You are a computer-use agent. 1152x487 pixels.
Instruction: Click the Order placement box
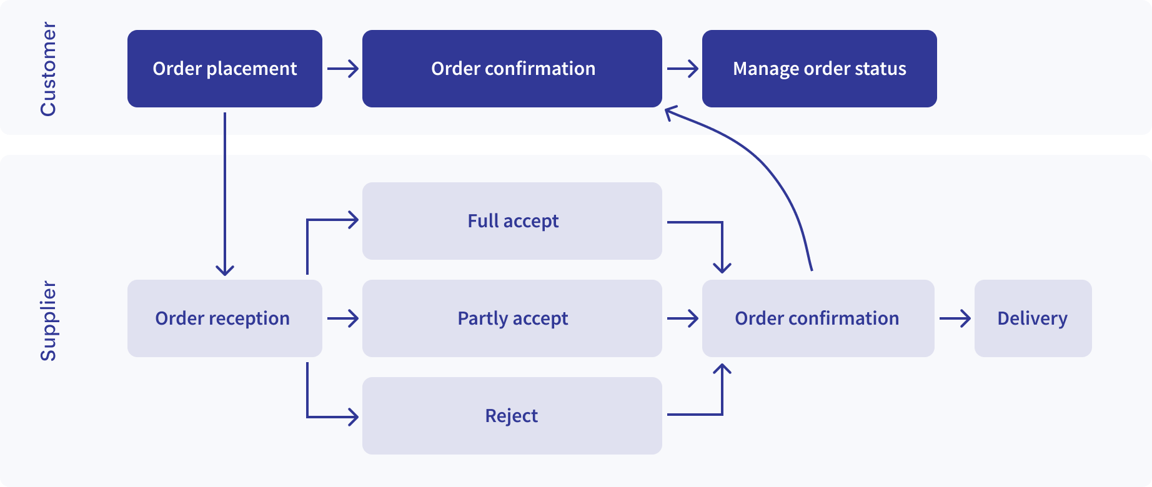(x=225, y=69)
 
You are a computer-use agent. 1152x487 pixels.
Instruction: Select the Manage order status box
(x=819, y=69)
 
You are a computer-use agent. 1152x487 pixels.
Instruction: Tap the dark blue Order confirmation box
(x=512, y=69)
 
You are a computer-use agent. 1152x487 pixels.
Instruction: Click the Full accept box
(x=512, y=221)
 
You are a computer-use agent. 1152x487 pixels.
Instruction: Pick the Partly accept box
(x=512, y=318)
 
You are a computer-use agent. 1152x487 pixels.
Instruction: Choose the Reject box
(x=512, y=416)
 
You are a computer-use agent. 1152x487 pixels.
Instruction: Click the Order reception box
(x=225, y=318)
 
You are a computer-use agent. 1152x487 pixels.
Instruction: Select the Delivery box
(x=1033, y=318)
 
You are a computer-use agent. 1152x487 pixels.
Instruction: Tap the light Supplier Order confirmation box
(x=818, y=318)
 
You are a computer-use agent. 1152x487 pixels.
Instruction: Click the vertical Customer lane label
(x=48, y=69)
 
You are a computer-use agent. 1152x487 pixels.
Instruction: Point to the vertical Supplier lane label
(x=48, y=321)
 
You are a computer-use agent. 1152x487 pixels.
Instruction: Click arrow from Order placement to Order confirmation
(x=342, y=69)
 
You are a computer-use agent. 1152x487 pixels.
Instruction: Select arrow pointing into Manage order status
(x=682, y=69)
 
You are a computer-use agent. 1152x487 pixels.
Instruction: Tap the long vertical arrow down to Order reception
(x=225, y=194)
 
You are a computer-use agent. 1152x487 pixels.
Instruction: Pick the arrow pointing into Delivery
(x=955, y=318)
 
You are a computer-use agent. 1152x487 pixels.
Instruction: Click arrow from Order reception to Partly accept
(x=342, y=318)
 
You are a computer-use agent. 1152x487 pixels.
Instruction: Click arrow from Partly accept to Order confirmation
(x=682, y=318)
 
